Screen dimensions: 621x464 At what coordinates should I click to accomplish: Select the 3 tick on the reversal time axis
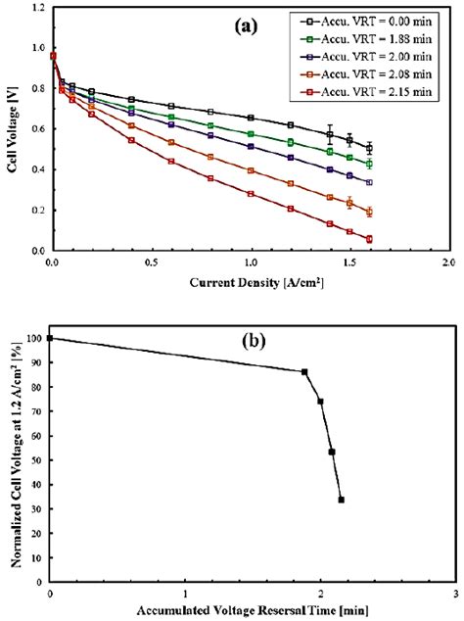tap(455, 594)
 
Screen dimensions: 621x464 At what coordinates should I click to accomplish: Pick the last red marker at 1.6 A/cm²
tap(369, 239)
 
